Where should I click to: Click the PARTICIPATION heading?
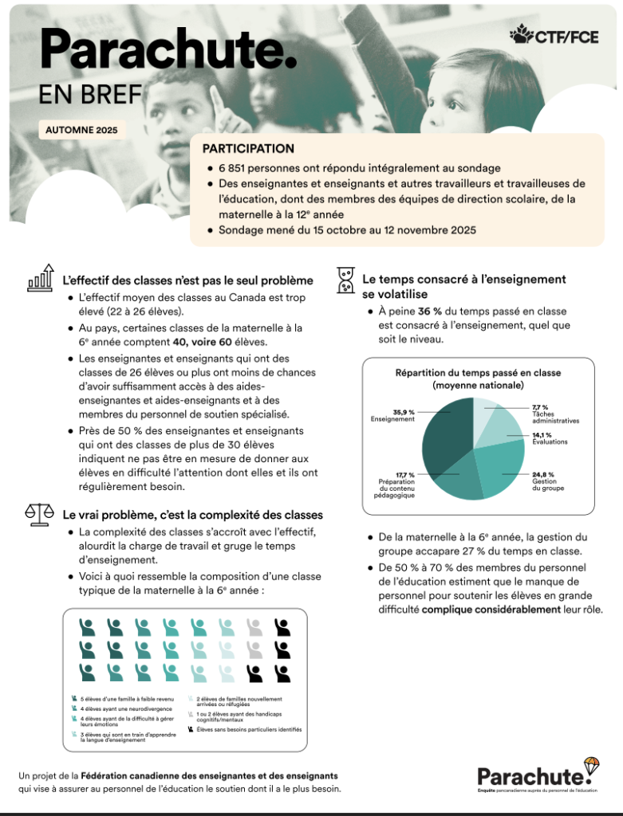[248, 149]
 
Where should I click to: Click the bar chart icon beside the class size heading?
[41, 278]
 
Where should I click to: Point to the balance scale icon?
[40, 514]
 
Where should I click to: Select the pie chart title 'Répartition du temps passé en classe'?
[478, 373]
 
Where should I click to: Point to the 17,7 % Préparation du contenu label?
[394, 484]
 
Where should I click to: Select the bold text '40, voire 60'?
[232, 343]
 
